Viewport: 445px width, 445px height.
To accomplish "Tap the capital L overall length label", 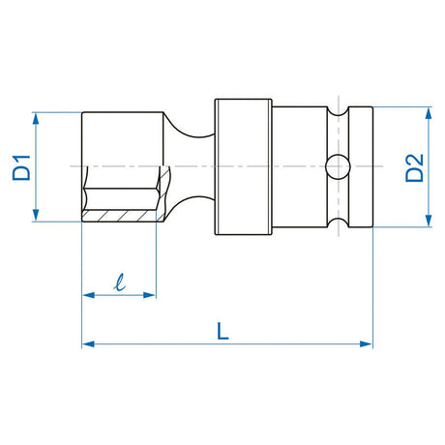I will pos(223,329).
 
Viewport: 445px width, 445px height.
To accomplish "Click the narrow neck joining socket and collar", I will pos(193,167).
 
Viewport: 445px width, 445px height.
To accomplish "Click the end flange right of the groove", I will pos(359,167).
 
